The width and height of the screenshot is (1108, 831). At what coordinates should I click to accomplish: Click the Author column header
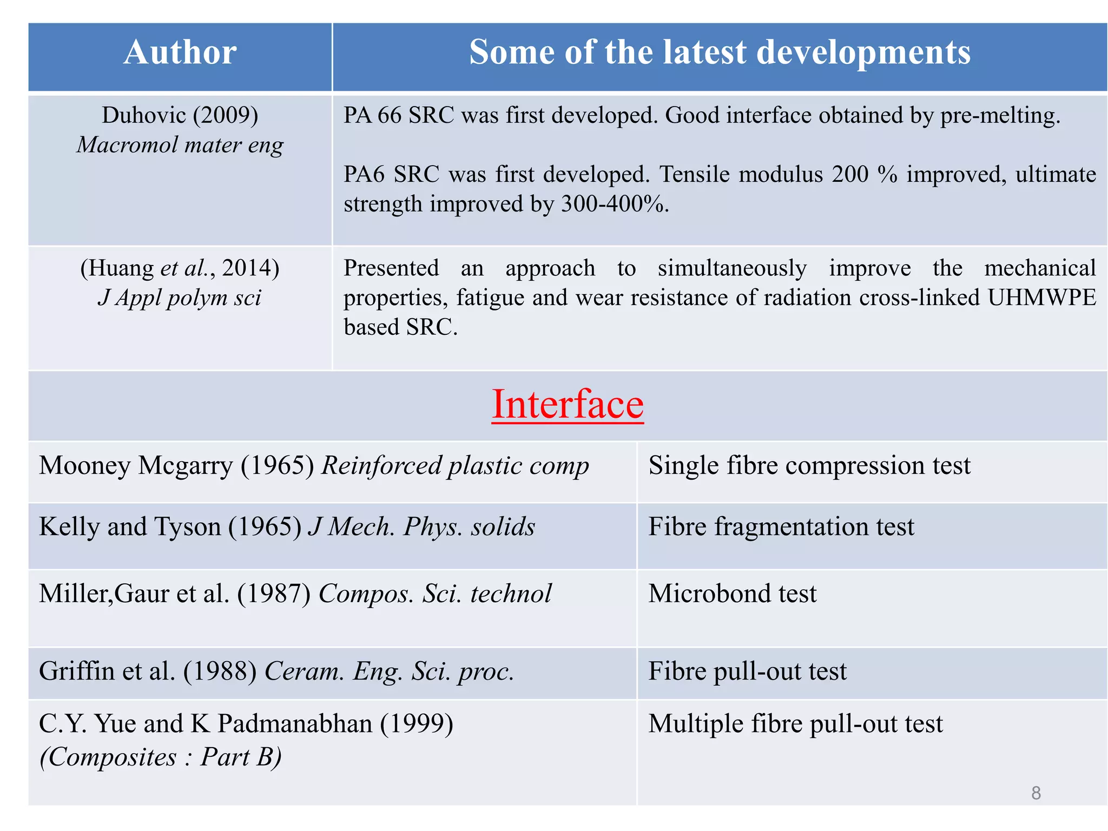(180, 52)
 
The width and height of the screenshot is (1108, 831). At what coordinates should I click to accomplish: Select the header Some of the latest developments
(720, 52)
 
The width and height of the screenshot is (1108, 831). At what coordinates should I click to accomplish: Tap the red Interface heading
(568, 404)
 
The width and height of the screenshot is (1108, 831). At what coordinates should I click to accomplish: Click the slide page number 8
(1036, 793)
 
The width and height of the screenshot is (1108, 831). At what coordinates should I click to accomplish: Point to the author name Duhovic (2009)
(180, 115)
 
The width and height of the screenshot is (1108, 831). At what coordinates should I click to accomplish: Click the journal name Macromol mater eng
(180, 145)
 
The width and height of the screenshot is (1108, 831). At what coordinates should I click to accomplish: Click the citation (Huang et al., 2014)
(180, 268)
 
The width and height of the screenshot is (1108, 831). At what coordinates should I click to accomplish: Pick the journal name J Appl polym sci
(180, 298)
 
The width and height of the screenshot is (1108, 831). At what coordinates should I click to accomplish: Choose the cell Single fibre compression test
(809, 465)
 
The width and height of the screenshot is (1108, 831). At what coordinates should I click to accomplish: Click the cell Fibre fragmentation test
(781, 526)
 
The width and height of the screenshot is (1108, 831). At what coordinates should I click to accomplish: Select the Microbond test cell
(733, 593)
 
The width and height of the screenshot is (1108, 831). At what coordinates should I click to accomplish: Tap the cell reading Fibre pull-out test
(747, 671)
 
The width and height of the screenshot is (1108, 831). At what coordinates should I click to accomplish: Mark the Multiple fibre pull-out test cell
(795, 723)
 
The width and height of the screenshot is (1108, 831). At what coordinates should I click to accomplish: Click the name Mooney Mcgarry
(136, 465)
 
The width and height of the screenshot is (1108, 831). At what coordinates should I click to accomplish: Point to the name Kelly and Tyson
(130, 526)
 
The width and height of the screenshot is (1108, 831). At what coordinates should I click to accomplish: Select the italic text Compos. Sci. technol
(435, 593)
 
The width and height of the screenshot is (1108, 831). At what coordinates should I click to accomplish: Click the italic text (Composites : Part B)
(161, 756)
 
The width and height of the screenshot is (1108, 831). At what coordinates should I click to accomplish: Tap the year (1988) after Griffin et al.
(220, 671)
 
